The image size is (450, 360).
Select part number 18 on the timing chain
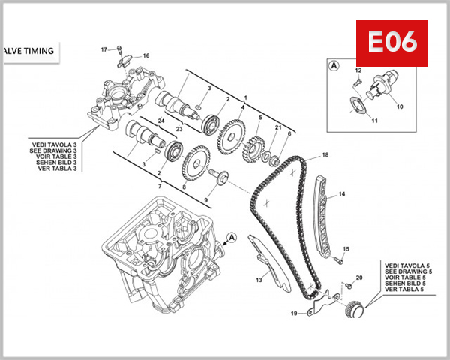tap(325, 155)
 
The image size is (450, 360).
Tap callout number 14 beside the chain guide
tap(342, 194)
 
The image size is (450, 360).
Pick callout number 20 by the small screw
tap(359, 278)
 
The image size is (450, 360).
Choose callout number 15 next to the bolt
tap(346, 248)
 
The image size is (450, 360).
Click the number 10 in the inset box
tap(400, 106)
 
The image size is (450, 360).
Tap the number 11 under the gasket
tap(375, 121)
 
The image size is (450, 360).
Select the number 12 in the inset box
tap(358, 70)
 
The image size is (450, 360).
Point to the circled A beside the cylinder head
tap(231, 237)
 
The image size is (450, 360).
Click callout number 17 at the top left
tap(105, 49)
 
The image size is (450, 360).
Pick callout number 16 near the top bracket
tap(146, 55)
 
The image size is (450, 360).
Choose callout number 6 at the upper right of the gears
tap(289, 133)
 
